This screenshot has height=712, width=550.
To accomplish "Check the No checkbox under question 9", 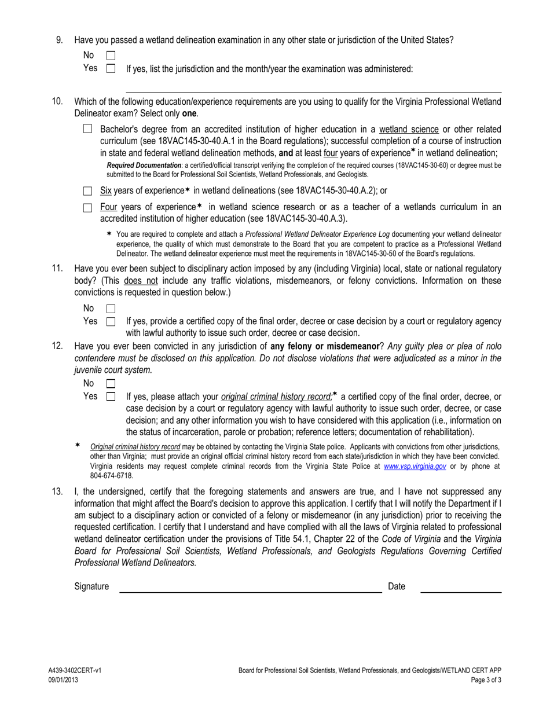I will pyautogui.click(x=111, y=56).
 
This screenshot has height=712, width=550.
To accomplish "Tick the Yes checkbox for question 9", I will pyautogui.click(x=111, y=69).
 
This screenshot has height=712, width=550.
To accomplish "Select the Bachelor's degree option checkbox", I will pyautogui.click(x=87, y=129).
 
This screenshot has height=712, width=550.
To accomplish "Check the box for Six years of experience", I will pyautogui.click(x=87, y=190).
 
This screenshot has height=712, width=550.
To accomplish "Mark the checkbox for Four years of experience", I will pyautogui.click(x=87, y=207).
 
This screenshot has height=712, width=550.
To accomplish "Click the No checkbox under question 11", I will pyautogui.click(x=111, y=309).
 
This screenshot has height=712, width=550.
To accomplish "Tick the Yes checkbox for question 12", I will pyautogui.click(x=111, y=397).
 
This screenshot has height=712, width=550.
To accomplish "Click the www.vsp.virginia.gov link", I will pyautogui.click(x=415, y=466).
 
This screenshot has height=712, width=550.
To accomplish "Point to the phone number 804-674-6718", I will pyautogui.click(x=111, y=476).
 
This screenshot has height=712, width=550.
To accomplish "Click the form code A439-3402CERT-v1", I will pyautogui.click(x=75, y=670).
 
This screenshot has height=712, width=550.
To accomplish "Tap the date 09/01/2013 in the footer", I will pyautogui.click(x=63, y=680).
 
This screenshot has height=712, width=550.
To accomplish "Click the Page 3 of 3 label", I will pyautogui.click(x=486, y=680).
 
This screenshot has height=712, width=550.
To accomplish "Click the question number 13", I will pyautogui.click(x=57, y=491).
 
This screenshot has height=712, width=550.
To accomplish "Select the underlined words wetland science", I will pyautogui.click(x=409, y=129).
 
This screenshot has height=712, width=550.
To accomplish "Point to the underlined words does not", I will pyautogui.click(x=141, y=281).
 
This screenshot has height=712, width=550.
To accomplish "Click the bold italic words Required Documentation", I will pyautogui.click(x=144, y=166).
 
